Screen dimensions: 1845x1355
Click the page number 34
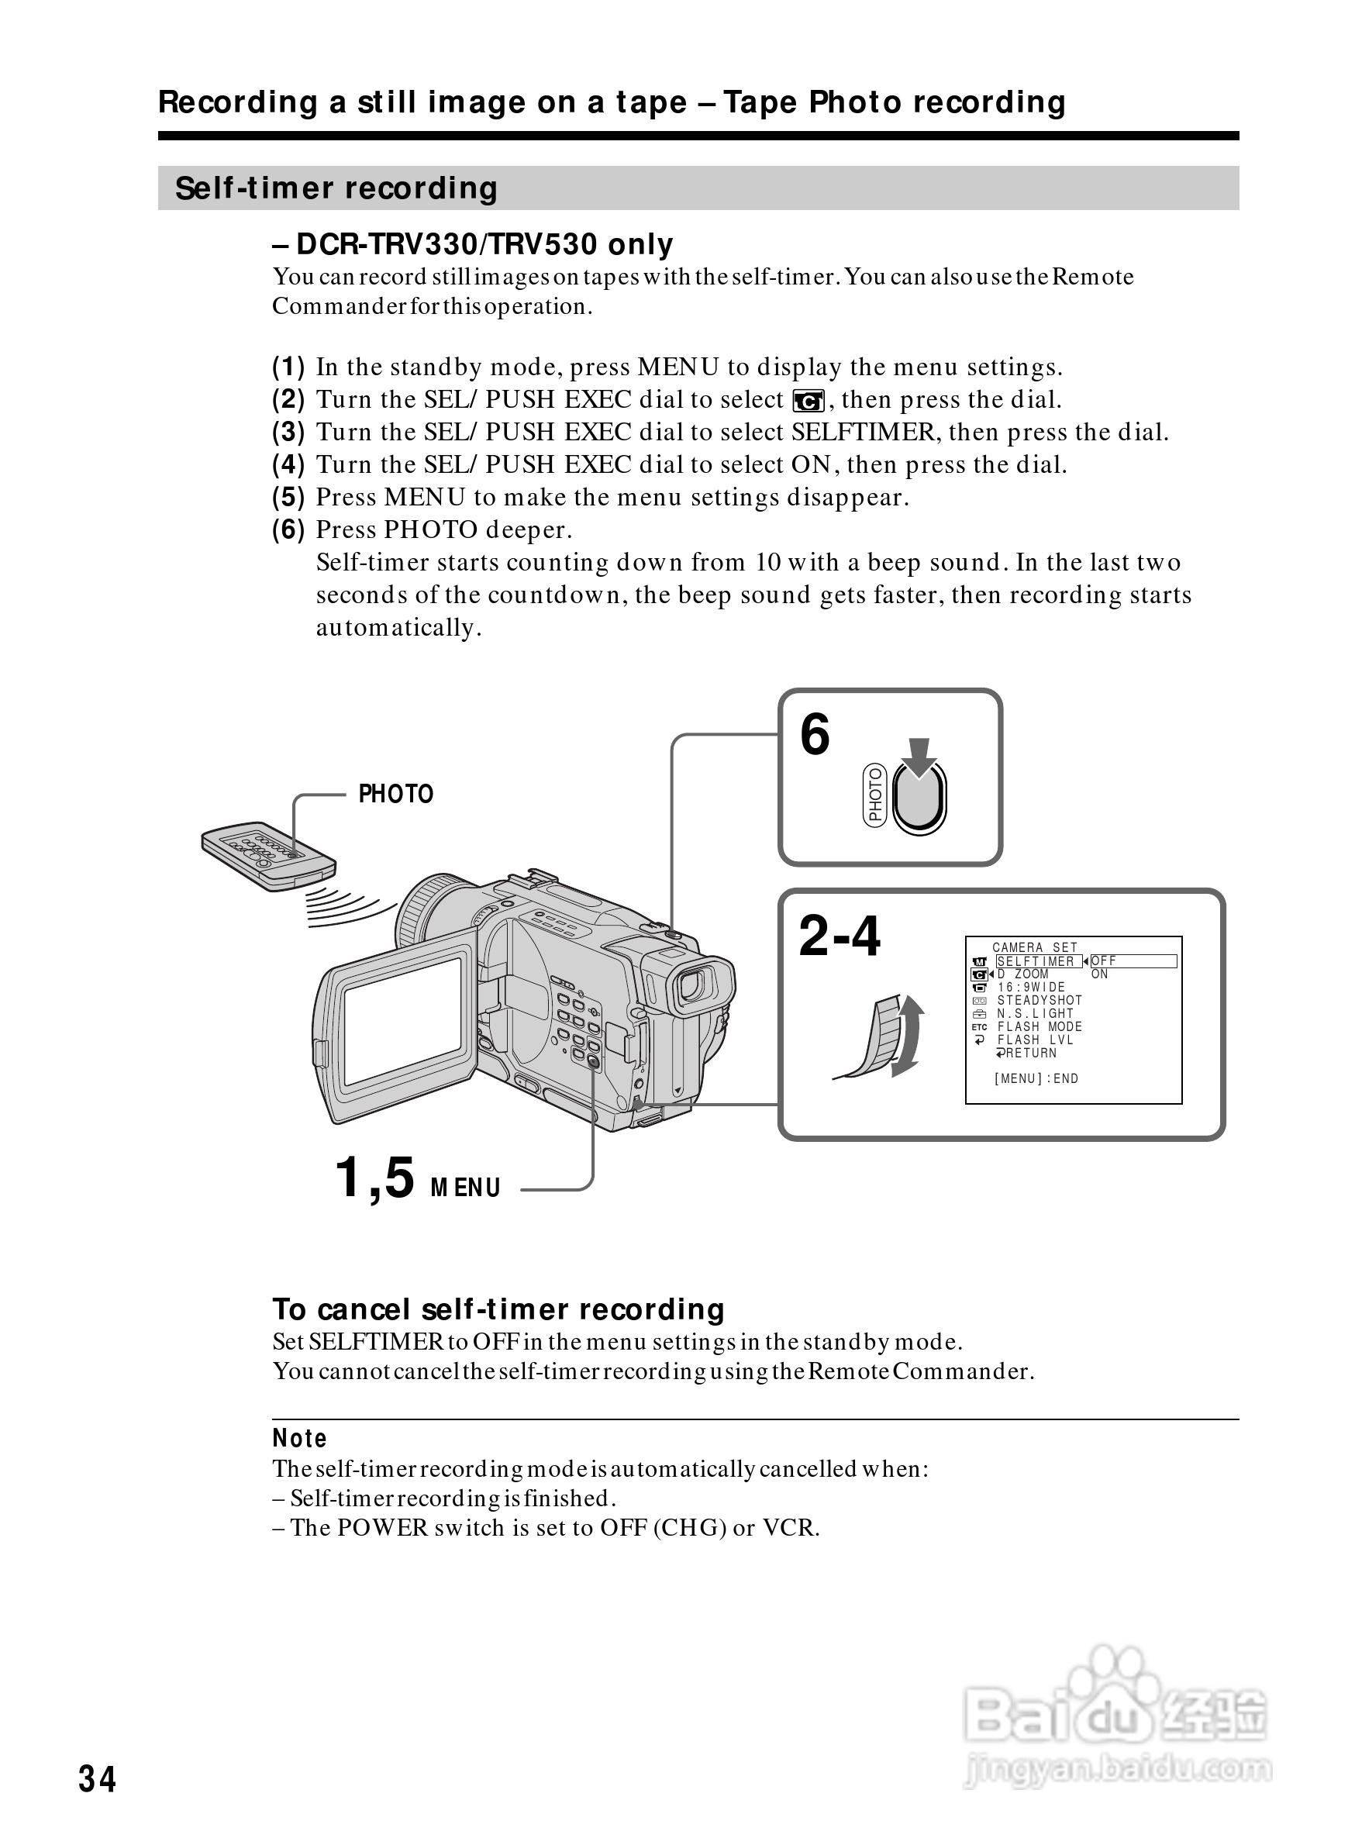(x=97, y=1778)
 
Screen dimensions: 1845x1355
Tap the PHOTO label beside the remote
(x=395, y=794)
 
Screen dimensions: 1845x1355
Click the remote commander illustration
(x=268, y=856)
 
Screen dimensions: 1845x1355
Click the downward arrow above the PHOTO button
(x=920, y=756)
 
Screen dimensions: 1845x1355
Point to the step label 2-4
(x=839, y=936)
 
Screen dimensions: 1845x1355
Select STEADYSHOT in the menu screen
(x=1040, y=1001)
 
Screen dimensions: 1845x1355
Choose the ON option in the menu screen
(x=1099, y=974)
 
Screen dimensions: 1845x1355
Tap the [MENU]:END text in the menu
(x=1036, y=1079)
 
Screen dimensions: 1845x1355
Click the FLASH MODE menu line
(x=1040, y=1027)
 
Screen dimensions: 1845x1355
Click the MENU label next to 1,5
(x=465, y=1188)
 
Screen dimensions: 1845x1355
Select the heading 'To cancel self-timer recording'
(x=498, y=1309)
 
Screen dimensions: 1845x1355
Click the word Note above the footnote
(x=299, y=1438)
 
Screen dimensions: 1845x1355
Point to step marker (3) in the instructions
(x=288, y=432)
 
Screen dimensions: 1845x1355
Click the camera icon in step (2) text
(x=808, y=401)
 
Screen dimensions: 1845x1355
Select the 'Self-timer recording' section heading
(x=336, y=188)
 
